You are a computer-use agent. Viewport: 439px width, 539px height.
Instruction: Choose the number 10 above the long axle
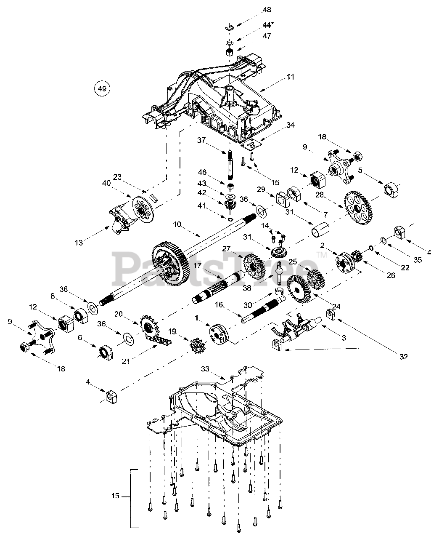pyautogui.click(x=177, y=224)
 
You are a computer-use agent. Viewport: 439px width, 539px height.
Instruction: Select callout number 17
pyautogui.click(x=198, y=266)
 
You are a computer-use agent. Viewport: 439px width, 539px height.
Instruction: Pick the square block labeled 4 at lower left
pyautogui.click(x=111, y=396)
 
